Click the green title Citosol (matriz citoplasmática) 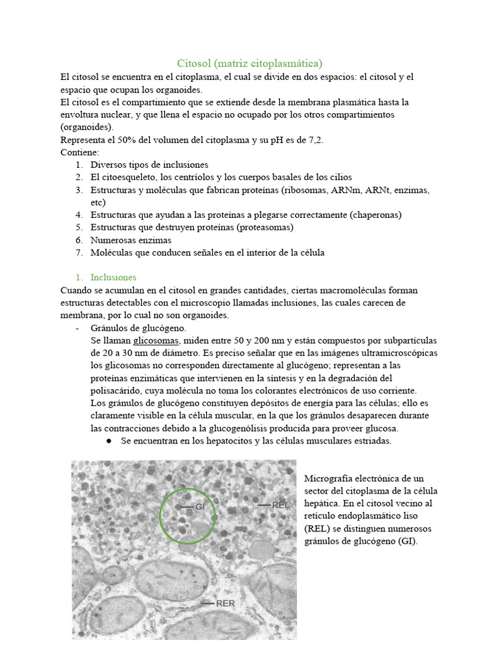[250, 63]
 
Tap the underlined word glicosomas [156, 341]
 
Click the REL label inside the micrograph [280, 505]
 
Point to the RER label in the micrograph [225, 603]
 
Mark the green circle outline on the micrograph [160, 516]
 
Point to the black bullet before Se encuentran [106, 441]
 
